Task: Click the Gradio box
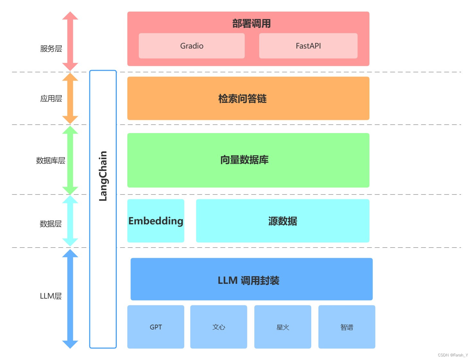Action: click(x=192, y=46)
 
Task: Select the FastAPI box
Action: click(x=308, y=46)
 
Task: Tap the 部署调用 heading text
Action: click(x=251, y=23)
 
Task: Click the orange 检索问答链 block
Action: click(x=248, y=98)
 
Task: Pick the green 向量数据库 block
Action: click(x=248, y=160)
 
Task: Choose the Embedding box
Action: click(x=156, y=221)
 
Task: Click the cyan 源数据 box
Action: click(x=282, y=221)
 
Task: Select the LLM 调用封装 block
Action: click(x=251, y=279)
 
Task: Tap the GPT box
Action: click(x=156, y=327)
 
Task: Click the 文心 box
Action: click(x=219, y=327)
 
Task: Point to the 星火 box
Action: click(x=283, y=327)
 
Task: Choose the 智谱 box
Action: click(x=347, y=327)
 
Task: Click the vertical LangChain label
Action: click(x=103, y=176)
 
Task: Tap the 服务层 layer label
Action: click(x=51, y=49)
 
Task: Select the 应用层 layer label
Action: click(x=51, y=98)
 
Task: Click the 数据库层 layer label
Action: click(x=50, y=160)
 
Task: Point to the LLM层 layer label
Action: click(x=51, y=296)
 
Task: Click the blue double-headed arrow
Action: click(x=70, y=299)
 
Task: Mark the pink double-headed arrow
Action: click(x=70, y=41)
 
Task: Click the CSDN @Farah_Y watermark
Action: click(x=453, y=355)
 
